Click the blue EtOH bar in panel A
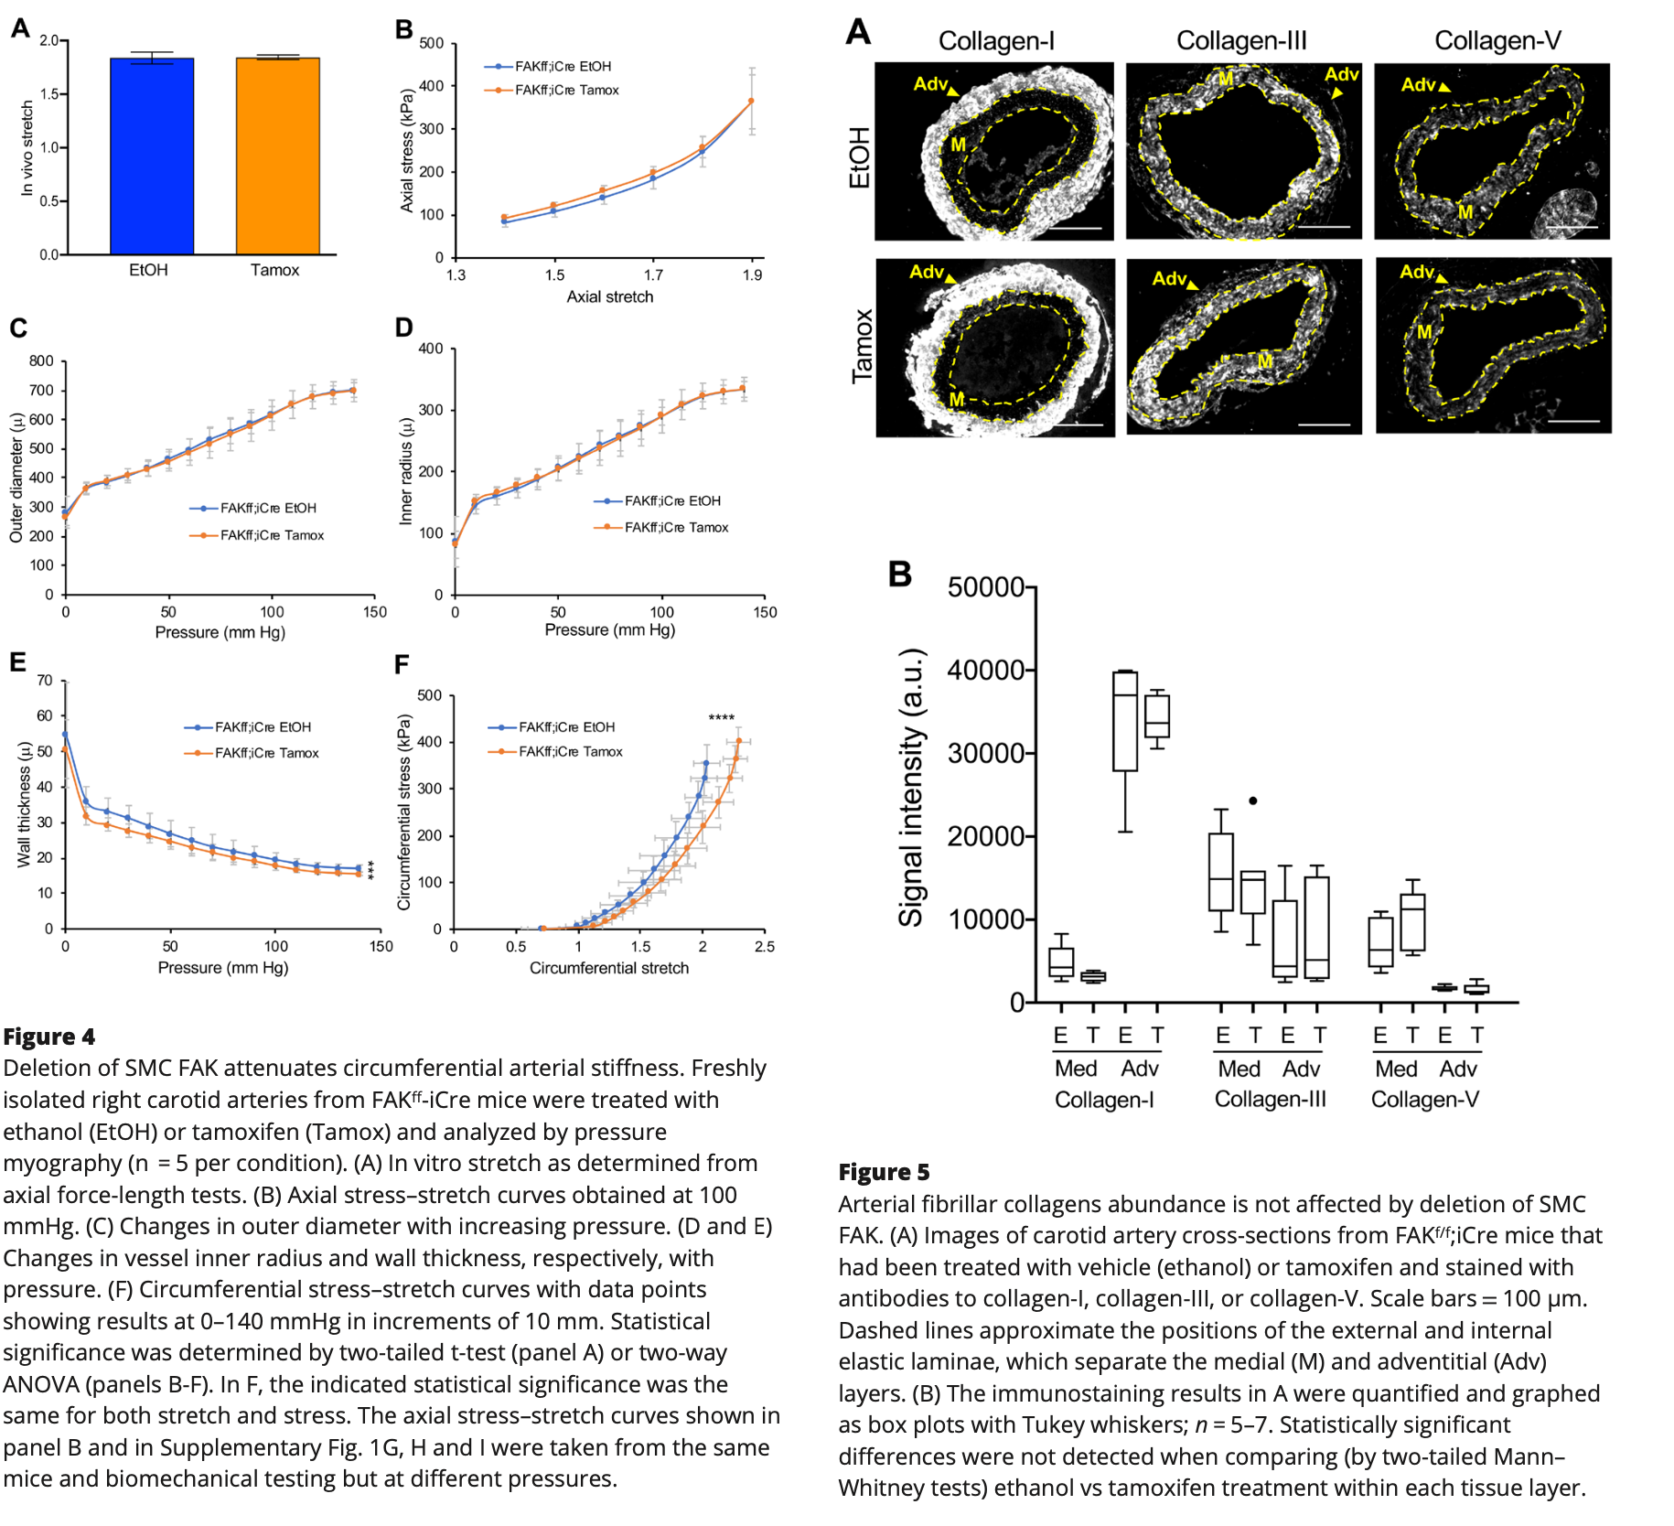pyautogui.click(x=152, y=156)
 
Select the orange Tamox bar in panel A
pyautogui.click(x=277, y=156)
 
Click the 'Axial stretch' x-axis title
pyautogui.click(x=609, y=296)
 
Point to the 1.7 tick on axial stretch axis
pyautogui.click(x=653, y=275)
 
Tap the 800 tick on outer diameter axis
pyautogui.click(x=41, y=361)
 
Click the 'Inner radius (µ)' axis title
pyautogui.click(x=406, y=471)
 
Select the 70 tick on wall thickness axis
pyautogui.click(x=45, y=681)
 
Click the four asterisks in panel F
pyautogui.click(x=721, y=718)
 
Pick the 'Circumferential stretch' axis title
pyautogui.click(x=608, y=968)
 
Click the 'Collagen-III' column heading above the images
pyautogui.click(x=1241, y=41)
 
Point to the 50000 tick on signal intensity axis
pyautogui.click(x=985, y=587)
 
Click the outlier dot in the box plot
pyautogui.click(x=1252, y=801)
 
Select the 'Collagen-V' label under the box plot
pyautogui.click(x=1424, y=1100)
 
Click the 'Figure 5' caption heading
pyautogui.click(x=884, y=1172)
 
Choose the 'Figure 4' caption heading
pyautogui.click(x=49, y=1037)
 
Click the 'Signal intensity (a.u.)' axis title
pyautogui.click(x=911, y=788)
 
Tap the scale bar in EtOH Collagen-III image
pyautogui.click(x=1323, y=226)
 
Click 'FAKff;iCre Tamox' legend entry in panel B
pyautogui.click(x=566, y=90)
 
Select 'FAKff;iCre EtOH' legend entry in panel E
pyautogui.click(x=263, y=727)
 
